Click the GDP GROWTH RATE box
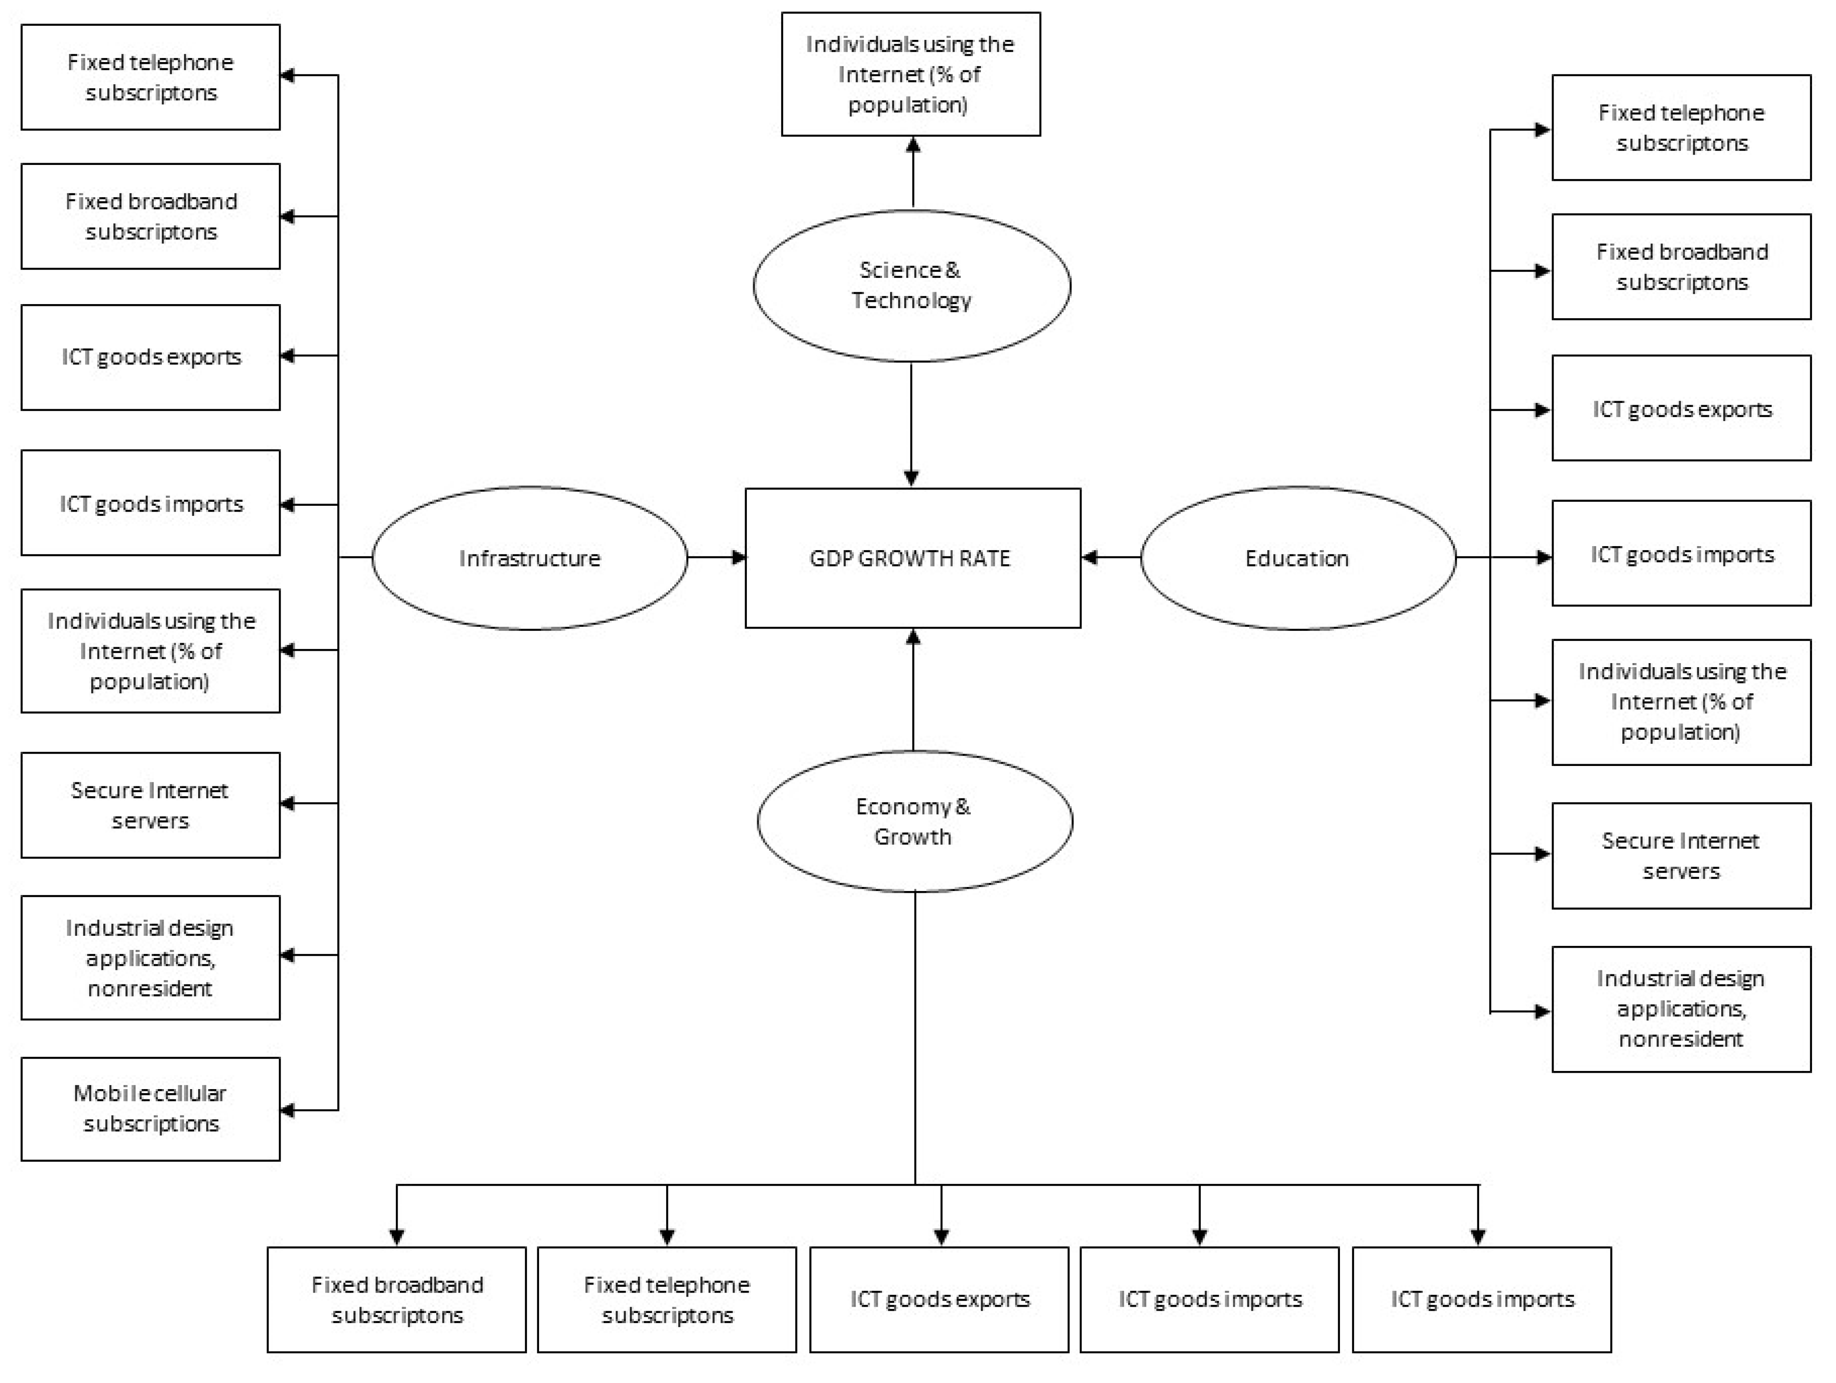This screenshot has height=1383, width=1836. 912,558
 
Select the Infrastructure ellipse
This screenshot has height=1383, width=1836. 530,558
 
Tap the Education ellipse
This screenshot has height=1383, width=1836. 1297,558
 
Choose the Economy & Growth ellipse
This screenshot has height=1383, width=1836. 914,821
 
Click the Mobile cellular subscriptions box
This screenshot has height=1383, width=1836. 150,1108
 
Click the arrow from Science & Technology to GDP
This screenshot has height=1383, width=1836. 911,423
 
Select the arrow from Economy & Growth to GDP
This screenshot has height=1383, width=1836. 913,689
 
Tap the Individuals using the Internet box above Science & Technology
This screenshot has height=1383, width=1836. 910,74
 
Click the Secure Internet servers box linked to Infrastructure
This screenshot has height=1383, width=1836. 150,805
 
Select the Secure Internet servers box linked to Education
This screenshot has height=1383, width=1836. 1681,855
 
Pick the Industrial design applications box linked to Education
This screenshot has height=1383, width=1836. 1681,1008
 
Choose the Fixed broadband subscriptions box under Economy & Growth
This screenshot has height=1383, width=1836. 397,1299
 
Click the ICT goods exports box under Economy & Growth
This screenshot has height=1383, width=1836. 939,1299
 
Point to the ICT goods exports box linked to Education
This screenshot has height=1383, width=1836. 1681,408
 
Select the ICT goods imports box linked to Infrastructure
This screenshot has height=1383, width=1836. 150,503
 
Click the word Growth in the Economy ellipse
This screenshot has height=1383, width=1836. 912,837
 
